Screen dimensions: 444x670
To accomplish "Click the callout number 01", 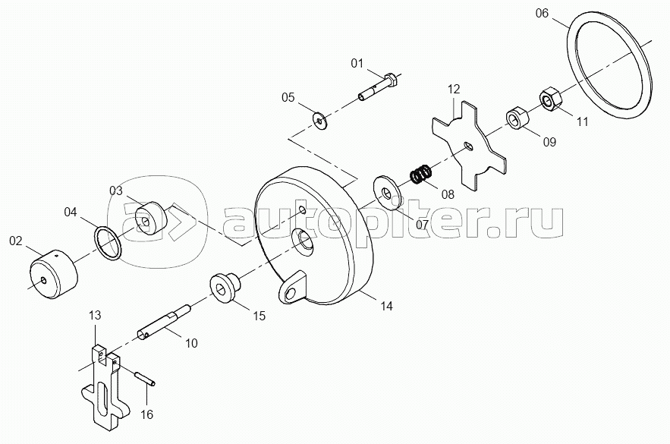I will pyautogui.click(x=357, y=63).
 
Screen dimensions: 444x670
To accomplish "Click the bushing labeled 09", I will pyautogui.click(x=518, y=118).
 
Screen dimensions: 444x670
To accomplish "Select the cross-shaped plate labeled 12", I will pyautogui.click(x=468, y=144).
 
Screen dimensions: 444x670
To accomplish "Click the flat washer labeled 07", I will pyautogui.click(x=387, y=194).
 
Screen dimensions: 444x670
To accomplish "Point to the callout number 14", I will pyautogui.click(x=386, y=307).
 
